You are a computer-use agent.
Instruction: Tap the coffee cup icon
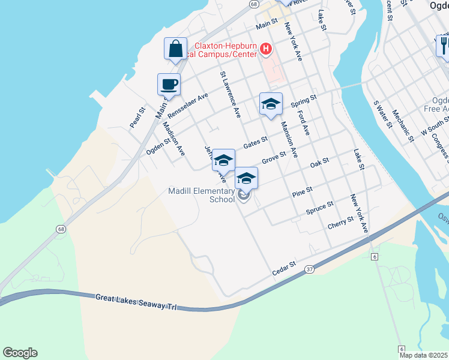pyautogui.click(x=169, y=85)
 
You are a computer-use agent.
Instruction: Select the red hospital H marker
pyautogui.click(x=266, y=49)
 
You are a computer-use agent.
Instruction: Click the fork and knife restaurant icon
pyautogui.click(x=444, y=45)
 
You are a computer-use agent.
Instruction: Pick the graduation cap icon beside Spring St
pyautogui.click(x=271, y=104)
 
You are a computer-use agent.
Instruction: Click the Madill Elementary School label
pyautogui.click(x=201, y=195)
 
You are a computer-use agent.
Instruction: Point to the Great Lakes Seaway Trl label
pyautogui.click(x=137, y=301)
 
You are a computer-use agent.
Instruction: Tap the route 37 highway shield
pyautogui.click(x=309, y=269)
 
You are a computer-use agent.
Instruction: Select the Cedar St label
pyautogui.click(x=284, y=268)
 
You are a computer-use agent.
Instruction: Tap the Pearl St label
pyautogui.click(x=137, y=118)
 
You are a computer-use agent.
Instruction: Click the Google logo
pyautogui.click(x=20, y=353)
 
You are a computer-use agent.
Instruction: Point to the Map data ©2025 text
pyautogui.click(x=424, y=355)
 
